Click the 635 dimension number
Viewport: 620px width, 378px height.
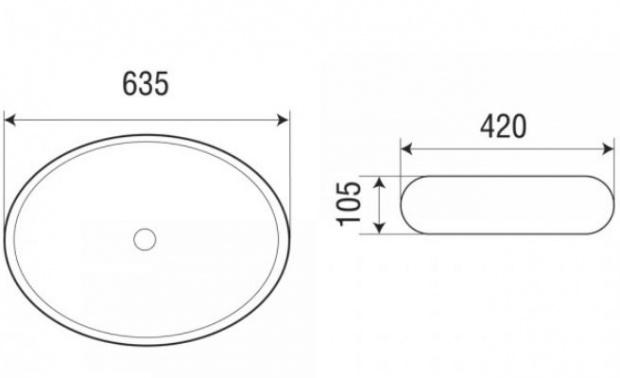(146, 83)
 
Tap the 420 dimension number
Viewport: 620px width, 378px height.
(503, 127)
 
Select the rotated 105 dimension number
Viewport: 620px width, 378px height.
(349, 204)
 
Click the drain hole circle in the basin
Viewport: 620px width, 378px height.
(145, 239)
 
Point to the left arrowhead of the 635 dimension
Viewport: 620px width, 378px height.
(9, 120)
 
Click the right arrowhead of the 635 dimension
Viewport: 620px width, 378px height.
(284, 120)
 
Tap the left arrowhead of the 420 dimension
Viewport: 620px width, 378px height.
(406, 149)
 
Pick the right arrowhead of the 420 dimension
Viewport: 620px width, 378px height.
(608, 149)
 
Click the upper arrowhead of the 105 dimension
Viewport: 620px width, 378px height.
(379, 183)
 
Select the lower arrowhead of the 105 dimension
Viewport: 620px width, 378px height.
(379, 227)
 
